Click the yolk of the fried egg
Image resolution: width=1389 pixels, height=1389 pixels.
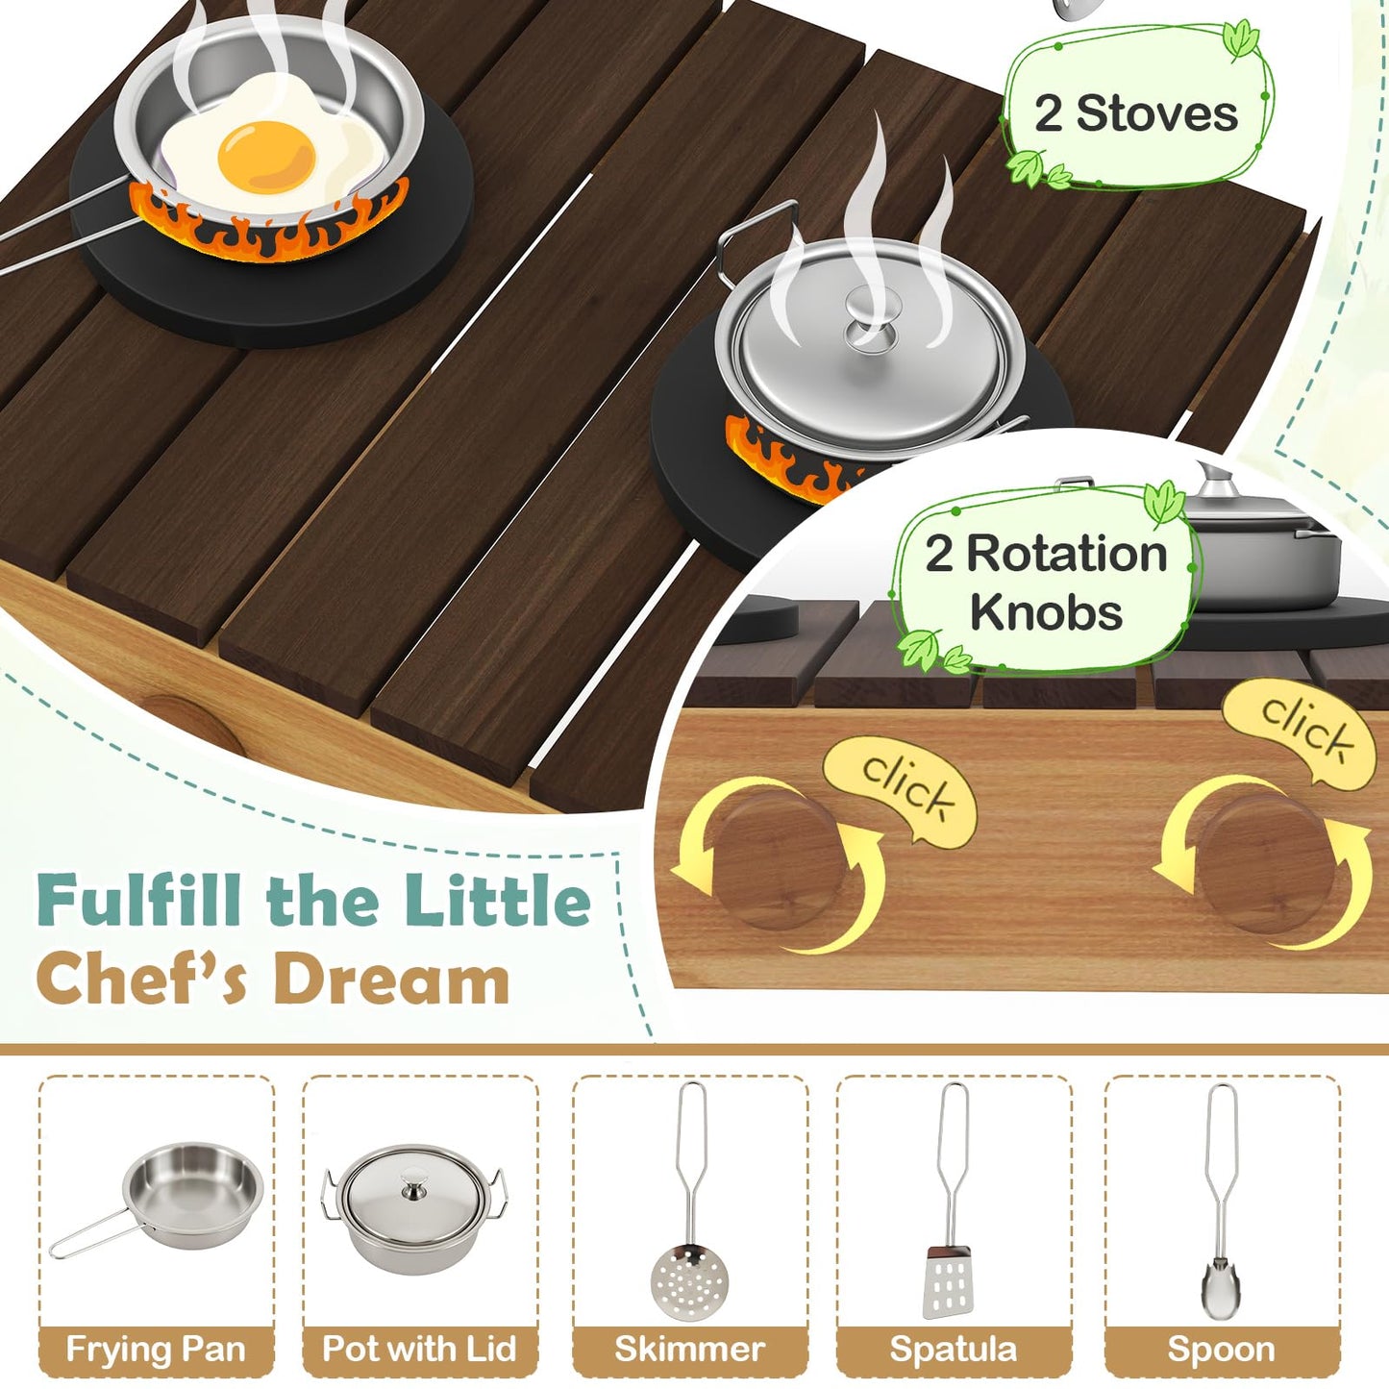click(267, 156)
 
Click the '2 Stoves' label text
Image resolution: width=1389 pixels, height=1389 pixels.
click(1136, 114)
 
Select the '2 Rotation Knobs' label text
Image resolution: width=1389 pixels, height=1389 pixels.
click(1046, 583)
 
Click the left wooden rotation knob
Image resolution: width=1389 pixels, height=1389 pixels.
click(780, 861)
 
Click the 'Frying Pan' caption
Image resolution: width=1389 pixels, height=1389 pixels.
click(156, 1350)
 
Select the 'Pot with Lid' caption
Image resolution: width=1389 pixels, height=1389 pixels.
click(419, 1350)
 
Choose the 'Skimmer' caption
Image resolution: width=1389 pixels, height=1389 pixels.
click(689, 1350)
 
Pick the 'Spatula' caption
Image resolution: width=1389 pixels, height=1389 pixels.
click(953, 1350)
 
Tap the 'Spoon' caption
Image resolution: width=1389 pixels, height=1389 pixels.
click(1221, 1350)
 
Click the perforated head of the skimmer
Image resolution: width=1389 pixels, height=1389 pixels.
click(689, 1281)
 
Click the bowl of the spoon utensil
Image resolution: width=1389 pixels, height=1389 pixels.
click(1219, 1287)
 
